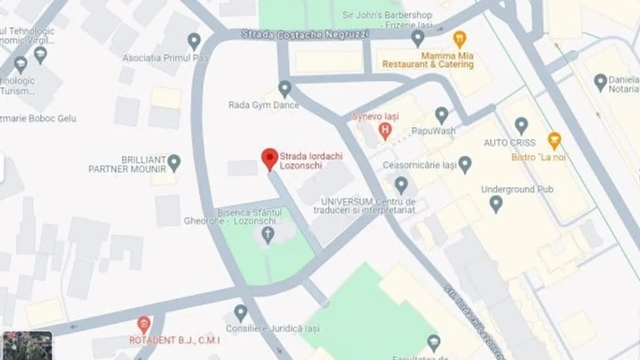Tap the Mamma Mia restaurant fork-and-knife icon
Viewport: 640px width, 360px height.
coord(459,39)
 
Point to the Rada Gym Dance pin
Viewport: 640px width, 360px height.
coord(285,89)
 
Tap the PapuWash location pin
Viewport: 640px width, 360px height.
coord(441,115)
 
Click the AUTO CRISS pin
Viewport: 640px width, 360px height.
coord(522,126)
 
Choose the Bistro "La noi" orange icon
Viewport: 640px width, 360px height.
coord(555,140)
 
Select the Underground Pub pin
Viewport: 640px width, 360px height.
coord(496,203)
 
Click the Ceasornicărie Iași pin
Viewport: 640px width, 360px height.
coord(465,164)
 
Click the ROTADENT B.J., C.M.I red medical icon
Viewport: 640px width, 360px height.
coord(143,324)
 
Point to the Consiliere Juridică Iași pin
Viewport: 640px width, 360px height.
coord(241,313)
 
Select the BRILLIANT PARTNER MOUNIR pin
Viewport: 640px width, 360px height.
coord(174,162)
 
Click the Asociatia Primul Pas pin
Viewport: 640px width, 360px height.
coord(194,41)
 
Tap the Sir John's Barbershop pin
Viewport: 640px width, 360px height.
coord(418,38)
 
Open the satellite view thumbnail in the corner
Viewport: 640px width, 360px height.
coord(28,345)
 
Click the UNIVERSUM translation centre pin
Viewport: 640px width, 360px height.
coord(402,185)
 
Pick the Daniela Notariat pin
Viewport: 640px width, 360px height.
coord(601,82)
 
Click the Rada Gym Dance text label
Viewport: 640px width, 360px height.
coord(264,105)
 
